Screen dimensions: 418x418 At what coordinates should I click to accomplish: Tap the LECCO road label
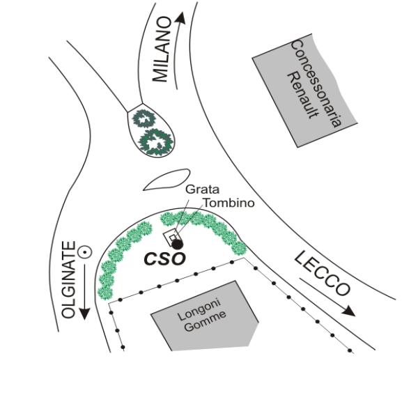321,273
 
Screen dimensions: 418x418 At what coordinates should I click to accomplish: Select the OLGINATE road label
68,279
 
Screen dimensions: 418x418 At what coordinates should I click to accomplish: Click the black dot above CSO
178,244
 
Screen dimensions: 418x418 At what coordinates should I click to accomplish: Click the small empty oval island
167,180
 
